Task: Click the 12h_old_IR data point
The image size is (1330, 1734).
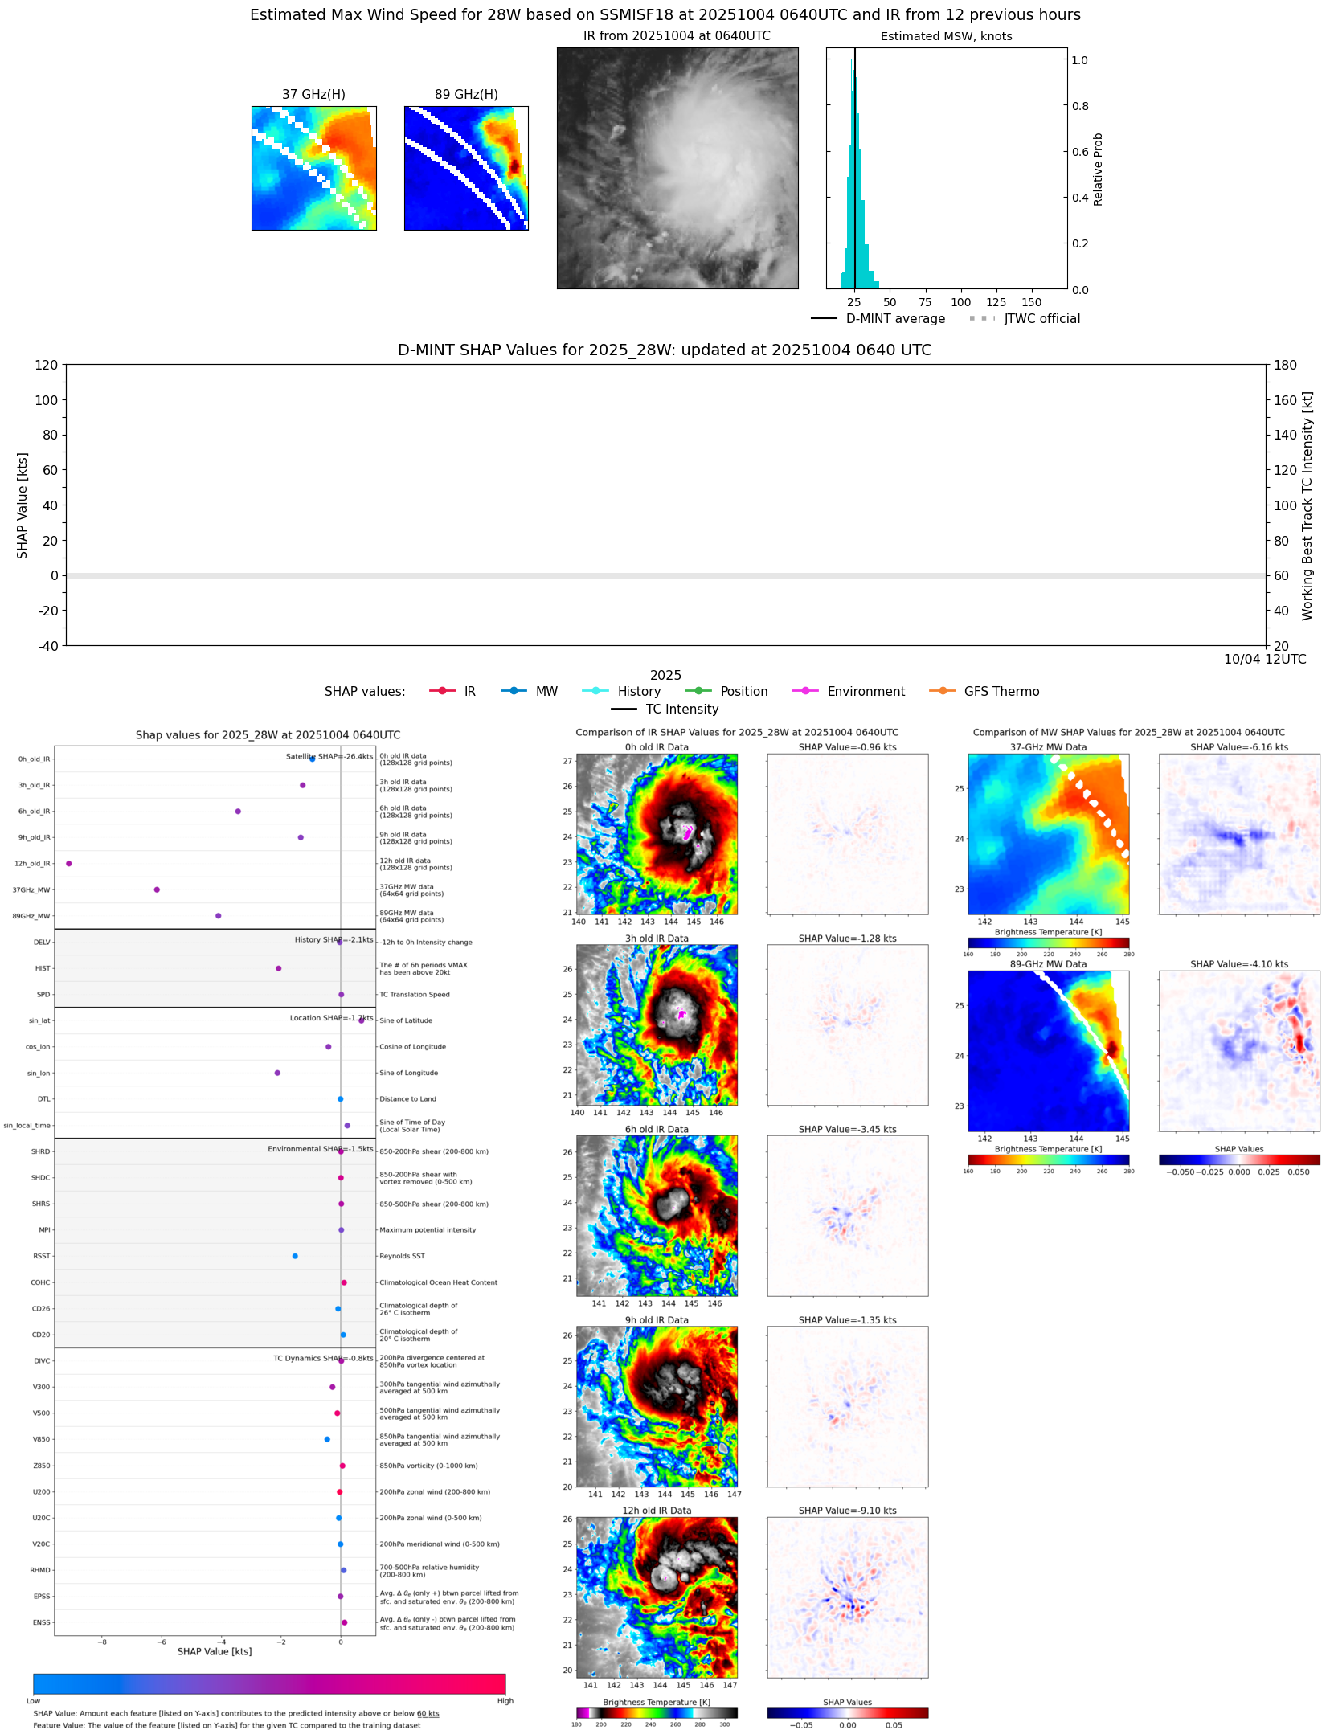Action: [x=69, y=863]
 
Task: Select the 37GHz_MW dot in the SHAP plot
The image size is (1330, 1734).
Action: [x=157, y=889]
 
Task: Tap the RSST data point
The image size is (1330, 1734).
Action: [x=295, y=1256]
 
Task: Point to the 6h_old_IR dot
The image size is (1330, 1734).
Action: [x=238, y=811]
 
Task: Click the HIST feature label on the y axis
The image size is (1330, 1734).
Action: [x=42, y=968]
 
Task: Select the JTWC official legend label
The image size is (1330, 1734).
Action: [x=1041, y=318]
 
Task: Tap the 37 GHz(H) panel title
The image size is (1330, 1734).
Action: [x=313, y=94]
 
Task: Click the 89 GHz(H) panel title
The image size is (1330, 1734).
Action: [x=466, y=94]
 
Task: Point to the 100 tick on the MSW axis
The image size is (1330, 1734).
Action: [x=960, y=302]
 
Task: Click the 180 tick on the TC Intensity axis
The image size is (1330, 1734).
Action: [x=1285, y=365]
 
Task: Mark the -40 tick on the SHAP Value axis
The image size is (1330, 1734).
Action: [x=47, y=645]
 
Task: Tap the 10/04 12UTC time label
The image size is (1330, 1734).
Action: [x=1264, y=659]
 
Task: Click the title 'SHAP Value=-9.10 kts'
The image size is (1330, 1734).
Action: [x=847, y=1511]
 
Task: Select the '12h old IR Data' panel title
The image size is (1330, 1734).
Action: [x=657, y=1511]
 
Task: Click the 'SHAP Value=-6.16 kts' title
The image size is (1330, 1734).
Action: [x=1238, y=747]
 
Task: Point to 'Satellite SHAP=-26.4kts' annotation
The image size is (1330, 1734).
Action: [x=329, y=756]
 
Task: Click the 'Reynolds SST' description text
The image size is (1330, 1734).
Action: [x=402, y=1256]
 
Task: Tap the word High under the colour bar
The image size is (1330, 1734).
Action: [x=505, y=1700]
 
